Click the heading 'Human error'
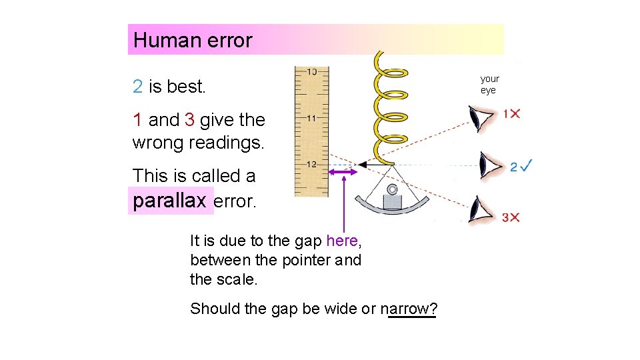193,40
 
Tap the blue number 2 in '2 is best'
137,86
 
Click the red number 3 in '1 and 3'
189,120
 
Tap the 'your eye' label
489,85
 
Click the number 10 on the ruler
311,71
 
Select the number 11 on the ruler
311,118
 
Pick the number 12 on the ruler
311,164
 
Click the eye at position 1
481,119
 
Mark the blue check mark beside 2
527,165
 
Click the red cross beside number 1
515,114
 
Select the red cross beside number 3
515,217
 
